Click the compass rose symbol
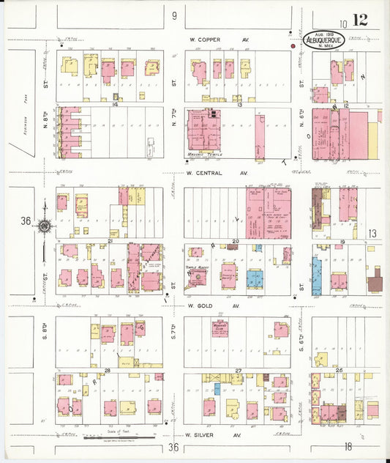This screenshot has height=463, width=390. [45, 227]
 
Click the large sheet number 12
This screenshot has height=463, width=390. [359, 20]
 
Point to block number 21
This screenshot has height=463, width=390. [110, 240]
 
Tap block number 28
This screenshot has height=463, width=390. [107, 371]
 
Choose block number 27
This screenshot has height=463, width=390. [238, 371]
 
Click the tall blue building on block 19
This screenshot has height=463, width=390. [316, 276]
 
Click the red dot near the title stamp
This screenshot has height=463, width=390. [293, 45]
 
